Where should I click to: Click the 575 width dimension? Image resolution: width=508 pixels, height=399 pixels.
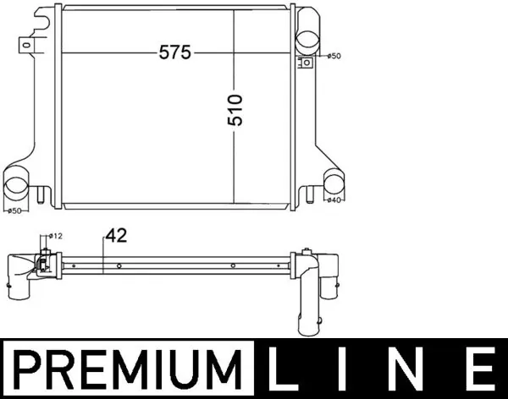[175, 52]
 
